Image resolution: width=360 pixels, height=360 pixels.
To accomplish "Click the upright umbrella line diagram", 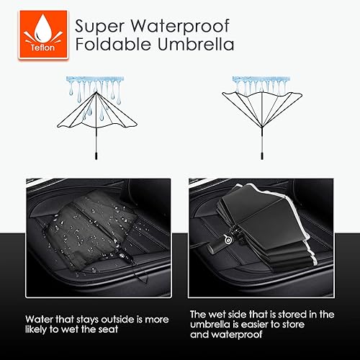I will pyautogui.click(x=92, y=115).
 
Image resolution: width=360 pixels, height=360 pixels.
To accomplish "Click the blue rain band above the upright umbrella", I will pyautogui.click(x=92, y=81).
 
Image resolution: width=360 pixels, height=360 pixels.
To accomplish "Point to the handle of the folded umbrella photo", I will pyautogui.click(x=213, y=245).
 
